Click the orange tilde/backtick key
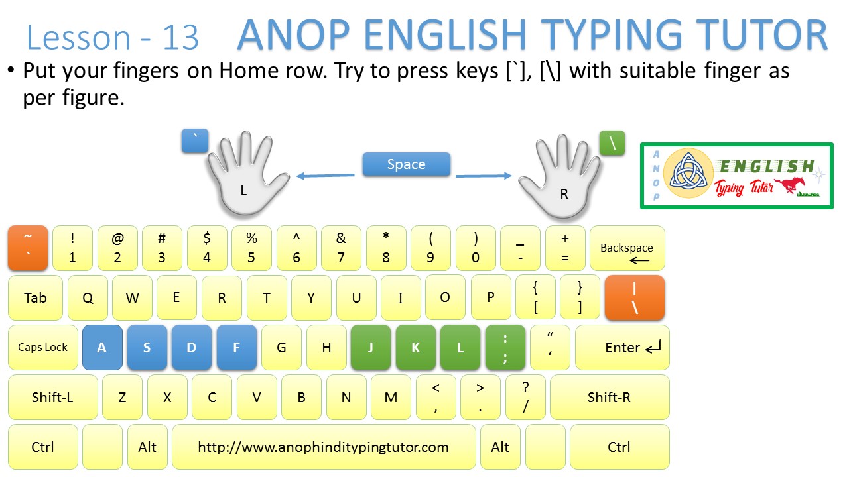[x=28, y=248]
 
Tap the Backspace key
[x=627, y=248]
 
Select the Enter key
[x=622, y=347]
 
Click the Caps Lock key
[x=43, y=347]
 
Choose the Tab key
[x=35, y=297]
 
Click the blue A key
[x=102, y=347]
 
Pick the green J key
[x=371, y=347]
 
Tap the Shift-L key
[x=52, y=397]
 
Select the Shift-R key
[x=609, y=397]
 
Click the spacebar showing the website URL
[x=324, y=447]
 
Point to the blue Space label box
[x=406, y=164]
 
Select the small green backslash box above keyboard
[x=612, y=143]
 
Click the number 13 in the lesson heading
[x=179, y=38]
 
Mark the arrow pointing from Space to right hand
[x=484, y=176]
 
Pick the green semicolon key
[x=505, y=347]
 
